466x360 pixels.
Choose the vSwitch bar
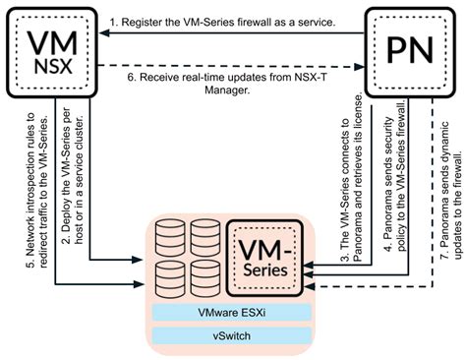233,335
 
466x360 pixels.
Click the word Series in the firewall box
264,269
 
